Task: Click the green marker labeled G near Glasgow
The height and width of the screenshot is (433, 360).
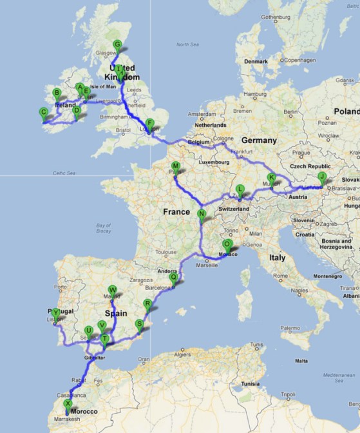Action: [x=117, y=45]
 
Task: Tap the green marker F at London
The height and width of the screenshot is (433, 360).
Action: [x=149, y=124]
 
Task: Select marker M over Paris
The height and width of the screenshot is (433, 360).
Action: [x=175, y=166]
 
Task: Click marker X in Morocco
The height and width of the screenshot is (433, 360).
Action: [x=68, y=405]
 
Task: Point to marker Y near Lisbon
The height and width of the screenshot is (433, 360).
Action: [x=57, y=313]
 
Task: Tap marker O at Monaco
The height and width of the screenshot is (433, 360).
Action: [x=227, y=245]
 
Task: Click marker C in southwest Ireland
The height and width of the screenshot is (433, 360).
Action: [x=44, y=113]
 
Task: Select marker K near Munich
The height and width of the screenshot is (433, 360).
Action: [x=271, y=178]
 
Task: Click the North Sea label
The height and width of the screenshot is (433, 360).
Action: [x=187, y=44]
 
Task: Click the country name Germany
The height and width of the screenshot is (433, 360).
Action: [x=258, y=140]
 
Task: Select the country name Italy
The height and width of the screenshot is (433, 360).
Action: [x=277, y=257]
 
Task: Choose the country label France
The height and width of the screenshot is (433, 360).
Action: [x=176, y=211]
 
